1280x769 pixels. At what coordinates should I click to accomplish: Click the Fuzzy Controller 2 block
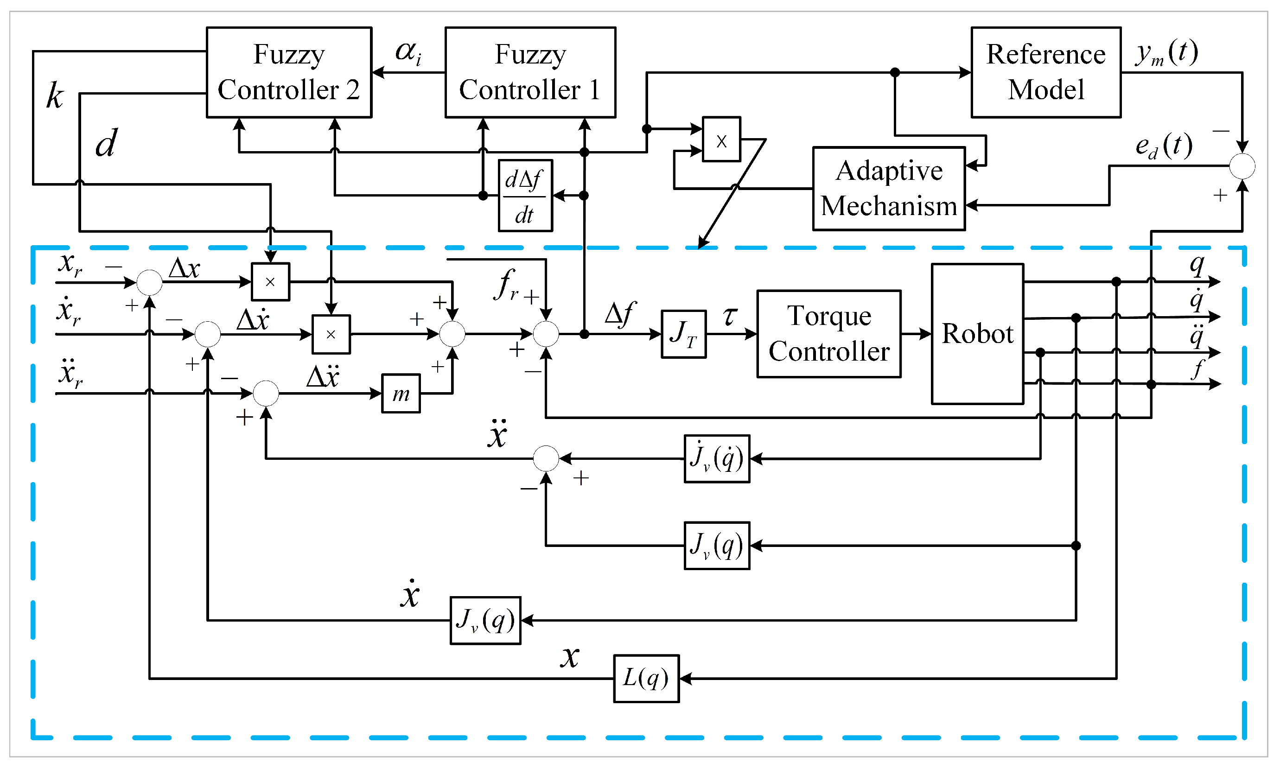click(x=289, y=73)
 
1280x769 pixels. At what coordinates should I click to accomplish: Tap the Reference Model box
click(x=1045, y=73)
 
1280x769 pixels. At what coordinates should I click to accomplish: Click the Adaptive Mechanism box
click(x=888, y=189)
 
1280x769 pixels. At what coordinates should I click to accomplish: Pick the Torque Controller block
click(x=828, y=334)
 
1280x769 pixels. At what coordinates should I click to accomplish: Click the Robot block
click(x=977, y=334)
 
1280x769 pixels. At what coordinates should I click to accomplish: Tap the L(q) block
click(x=646, y=678)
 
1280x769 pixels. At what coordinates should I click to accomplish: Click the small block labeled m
click(x=401, y=394)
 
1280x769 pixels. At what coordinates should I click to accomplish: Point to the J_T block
click(x=683, y=334)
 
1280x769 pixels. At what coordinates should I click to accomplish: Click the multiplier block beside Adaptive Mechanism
click(x=721, y=140)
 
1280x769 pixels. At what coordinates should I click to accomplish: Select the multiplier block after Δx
click(x=270, y=282)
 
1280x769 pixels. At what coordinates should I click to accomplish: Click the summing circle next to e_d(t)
click(x=1242, y=166)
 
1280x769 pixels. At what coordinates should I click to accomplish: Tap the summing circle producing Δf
click(x=546, y=334)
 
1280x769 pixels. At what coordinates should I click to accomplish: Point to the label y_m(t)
click(x=1166, y=53)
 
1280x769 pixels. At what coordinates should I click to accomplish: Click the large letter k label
click(x=54, y=96)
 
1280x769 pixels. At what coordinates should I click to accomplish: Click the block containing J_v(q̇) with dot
click(x=716, y=458)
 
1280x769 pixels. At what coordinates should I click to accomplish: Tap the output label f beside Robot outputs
click(x=1197, y=369)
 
